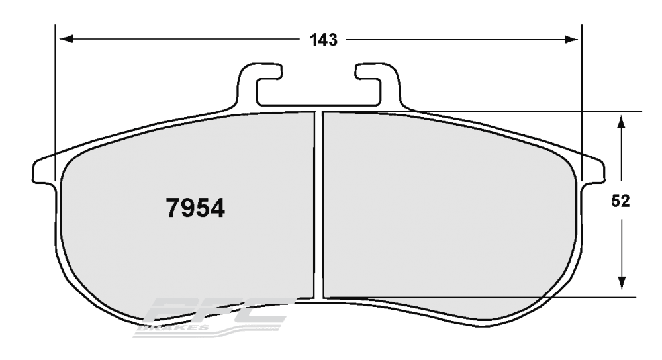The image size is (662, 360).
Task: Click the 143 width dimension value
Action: pyautogui.click(x=324, y=40)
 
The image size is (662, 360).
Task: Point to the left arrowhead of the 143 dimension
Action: pyautogui.click(x=65, y=40)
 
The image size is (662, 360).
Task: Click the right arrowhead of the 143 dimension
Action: pyautogui.click(x=573, y=40)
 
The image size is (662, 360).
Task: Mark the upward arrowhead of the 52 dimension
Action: pyautogui.click(x=621, y=122)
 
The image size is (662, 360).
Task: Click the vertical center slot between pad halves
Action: pyautogui.click(x=318, y=205)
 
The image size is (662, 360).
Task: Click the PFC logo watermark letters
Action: pyautogui.click(x=218, y=311)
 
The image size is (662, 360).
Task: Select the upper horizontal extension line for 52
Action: pyautogui.click(x=530, y=111)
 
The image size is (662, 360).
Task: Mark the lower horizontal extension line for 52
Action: pyautogui.click(x=530, y=296)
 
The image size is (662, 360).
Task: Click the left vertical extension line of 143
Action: pyautogui.click(x=56, y=99)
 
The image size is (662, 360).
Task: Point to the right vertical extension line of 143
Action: pyautogui.click(x=581, y=99)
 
